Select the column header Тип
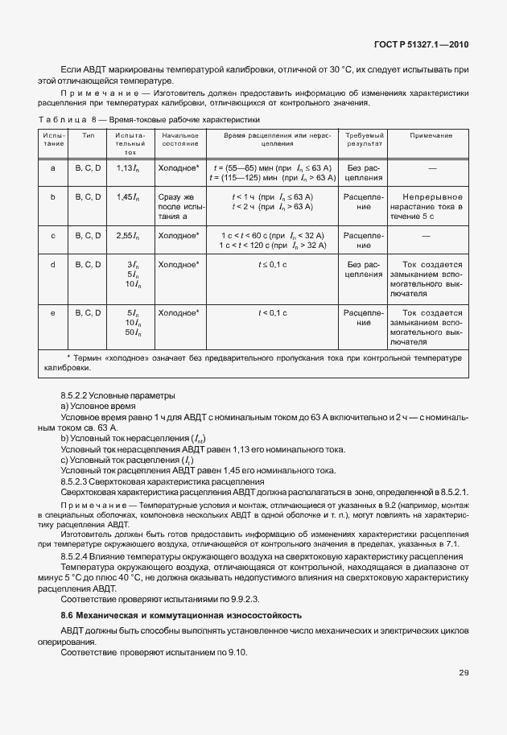click(88, 135)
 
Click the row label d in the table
click(53, 263)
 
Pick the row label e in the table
click(53, 312)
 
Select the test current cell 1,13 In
click(127, 167)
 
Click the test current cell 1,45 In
click(127, 196)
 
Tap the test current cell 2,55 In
click(127, 235)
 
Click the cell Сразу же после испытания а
click(179, 206)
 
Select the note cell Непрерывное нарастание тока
click(431, 206)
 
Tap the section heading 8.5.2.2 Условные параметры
click(117, 395)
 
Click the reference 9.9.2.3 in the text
click(259, 600)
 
